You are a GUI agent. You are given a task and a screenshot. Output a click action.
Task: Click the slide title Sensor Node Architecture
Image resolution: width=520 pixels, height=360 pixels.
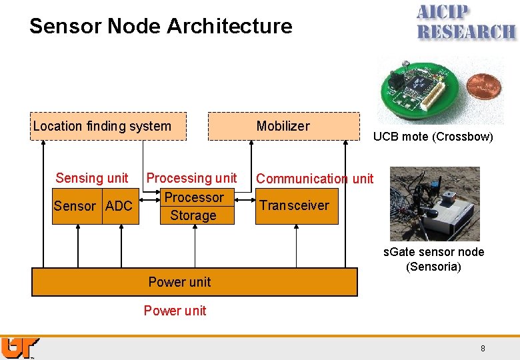coord(161,26)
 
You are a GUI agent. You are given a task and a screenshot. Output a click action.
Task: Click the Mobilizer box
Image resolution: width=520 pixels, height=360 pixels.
coord(283,126)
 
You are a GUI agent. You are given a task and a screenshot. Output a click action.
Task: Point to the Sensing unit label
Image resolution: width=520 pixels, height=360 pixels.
coord(92,178)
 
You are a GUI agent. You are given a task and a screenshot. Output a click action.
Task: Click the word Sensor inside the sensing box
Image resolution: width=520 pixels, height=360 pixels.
coord(75,206)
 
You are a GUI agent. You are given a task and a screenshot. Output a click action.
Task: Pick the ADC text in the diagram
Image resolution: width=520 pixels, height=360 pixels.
coord(119,206)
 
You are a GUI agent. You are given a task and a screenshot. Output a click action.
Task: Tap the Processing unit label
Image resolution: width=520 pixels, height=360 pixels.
coord(191,178)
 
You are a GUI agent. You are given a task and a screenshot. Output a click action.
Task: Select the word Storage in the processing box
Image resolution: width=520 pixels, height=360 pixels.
coord(193,215)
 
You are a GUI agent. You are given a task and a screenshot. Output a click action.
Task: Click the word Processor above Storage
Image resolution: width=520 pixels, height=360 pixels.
coord(194,197)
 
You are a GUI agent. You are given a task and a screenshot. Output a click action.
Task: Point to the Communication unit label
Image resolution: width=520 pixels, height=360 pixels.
coord(315,179)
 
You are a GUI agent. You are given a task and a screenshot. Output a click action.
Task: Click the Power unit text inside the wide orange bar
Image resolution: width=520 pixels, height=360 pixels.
coord(179,282)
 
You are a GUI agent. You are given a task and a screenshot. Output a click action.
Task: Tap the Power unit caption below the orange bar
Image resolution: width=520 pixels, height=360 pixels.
coord(175,311)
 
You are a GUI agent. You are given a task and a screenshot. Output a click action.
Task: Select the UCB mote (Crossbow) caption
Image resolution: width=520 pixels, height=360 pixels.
coord(433,137)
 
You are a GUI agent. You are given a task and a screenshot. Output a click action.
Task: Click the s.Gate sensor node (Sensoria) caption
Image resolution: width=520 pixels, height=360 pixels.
coord(433,259)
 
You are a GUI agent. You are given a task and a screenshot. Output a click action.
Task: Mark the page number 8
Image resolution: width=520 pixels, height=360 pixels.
coord(483,349)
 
